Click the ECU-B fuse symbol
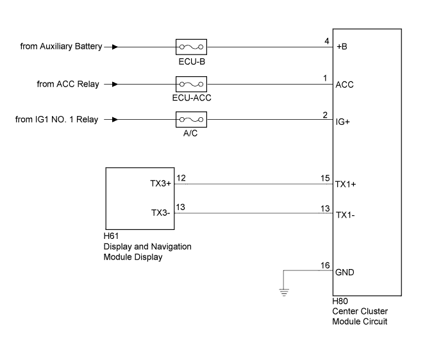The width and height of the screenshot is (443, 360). point(190,47)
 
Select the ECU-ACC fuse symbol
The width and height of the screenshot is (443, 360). point(190,84)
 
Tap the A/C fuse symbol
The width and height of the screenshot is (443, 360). point(190,119)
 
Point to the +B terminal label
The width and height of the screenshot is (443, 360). point(342,47)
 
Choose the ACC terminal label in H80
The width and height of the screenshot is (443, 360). point(344,85)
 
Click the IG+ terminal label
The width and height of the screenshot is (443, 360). point(343,120)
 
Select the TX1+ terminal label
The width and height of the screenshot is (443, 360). point(346,183)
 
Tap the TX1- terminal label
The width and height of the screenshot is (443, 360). point(345,215)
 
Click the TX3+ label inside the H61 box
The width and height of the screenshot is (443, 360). point(160,183)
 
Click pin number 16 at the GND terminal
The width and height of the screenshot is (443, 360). point(325,265)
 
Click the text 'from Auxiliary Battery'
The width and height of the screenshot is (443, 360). point(60,47)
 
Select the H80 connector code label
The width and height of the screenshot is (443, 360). point(340,300)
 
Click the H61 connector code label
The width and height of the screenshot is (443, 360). point(112,237)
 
